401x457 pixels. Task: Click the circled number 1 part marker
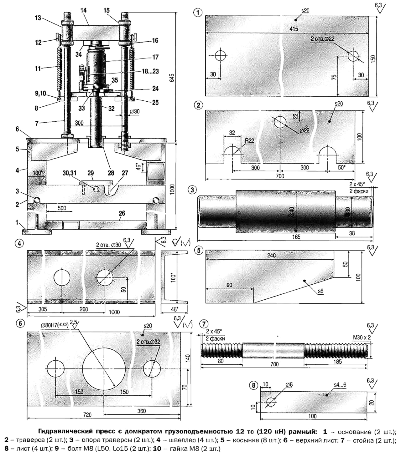[x=198, y=13]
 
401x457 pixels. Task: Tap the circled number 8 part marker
[x=253, y=385]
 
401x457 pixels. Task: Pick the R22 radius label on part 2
[x=249, y=141]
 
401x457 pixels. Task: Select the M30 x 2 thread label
[x=361, y=338]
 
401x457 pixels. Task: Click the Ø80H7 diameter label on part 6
[x=55, y=325]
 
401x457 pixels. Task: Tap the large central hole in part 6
[x=104, y=369]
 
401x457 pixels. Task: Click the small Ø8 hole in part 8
[x=271, y=402]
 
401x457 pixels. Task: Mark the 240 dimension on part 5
[x=271, y=256]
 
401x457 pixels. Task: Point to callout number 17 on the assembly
[x=155, y=57]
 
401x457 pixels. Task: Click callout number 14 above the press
[x=83, y=10]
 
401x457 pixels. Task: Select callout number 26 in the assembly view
[x=122, y=213]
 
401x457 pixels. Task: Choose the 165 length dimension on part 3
[x=296, y=237]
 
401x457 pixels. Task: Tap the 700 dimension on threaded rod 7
[x=274, y=364]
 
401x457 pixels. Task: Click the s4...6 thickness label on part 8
[x=340, y=385]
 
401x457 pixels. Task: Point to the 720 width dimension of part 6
[x=87, y=414]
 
